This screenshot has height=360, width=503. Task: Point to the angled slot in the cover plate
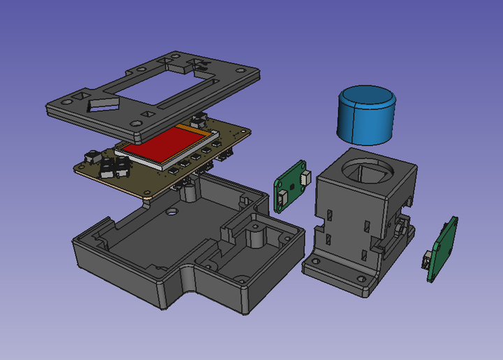coord(103,105)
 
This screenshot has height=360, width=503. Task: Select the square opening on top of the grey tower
coord(368,168)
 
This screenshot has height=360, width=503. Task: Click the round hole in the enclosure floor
coord(170,210)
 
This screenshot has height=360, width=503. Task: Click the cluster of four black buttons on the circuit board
coord(114,166)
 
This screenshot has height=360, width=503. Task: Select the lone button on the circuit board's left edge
coord(89,155)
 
